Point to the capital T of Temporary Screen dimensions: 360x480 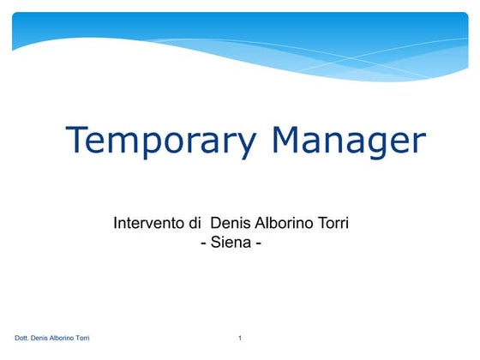(78, 139)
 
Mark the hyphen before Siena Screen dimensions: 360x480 (202, 244)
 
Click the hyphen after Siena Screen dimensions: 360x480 (258, 244)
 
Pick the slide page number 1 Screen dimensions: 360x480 (240, 339)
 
